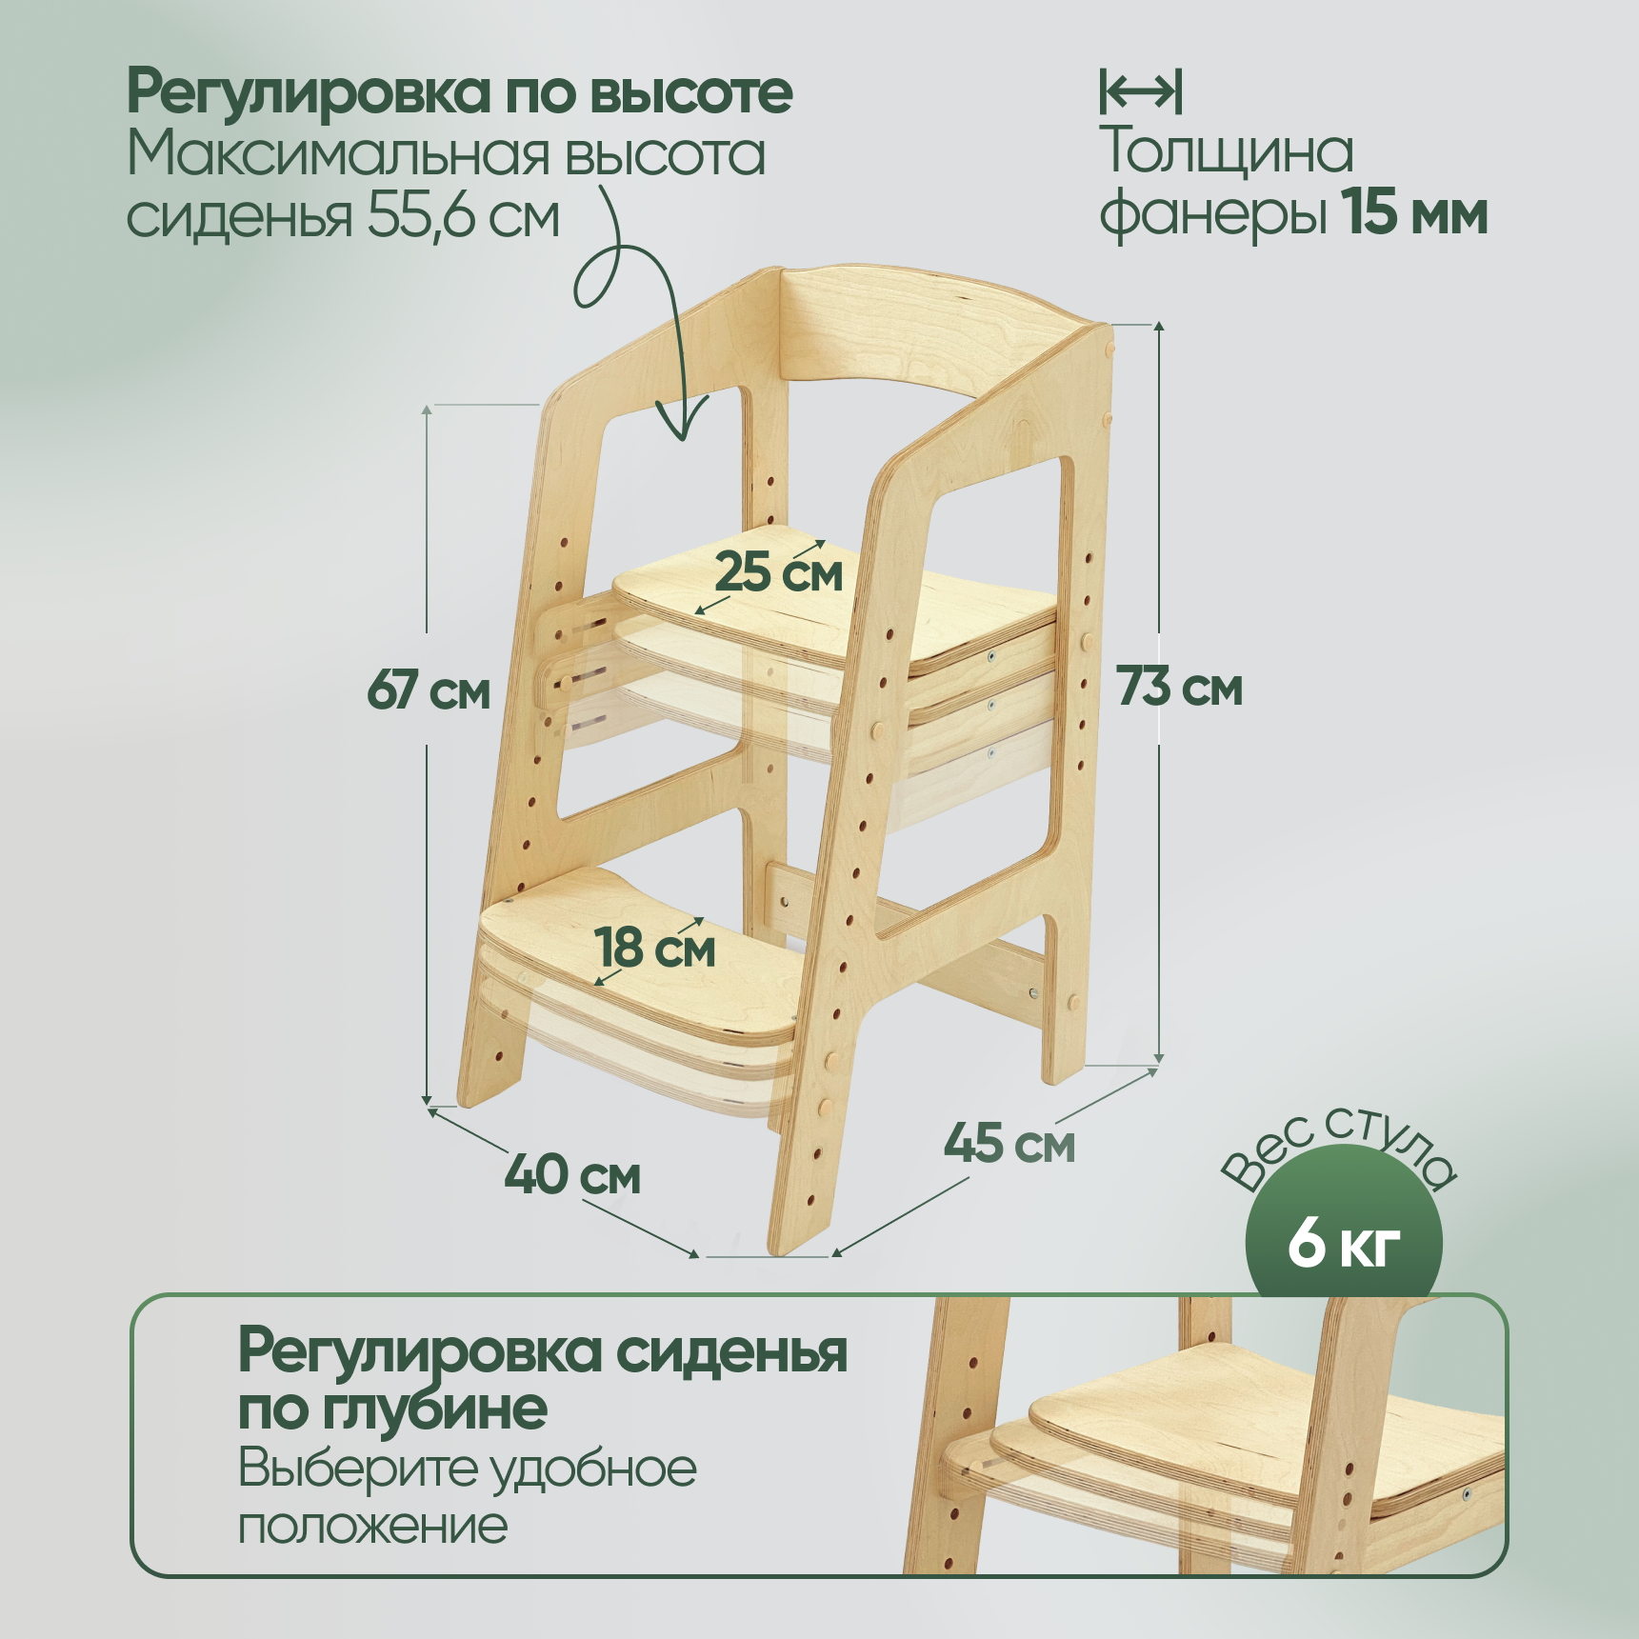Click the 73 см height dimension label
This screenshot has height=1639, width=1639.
click(x=1179, y=688)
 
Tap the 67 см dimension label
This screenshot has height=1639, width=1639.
click(x=429, y=690)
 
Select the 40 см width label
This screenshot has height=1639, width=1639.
click(x=572, y=1175)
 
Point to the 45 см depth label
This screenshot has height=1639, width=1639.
click(x=1009, y=1143)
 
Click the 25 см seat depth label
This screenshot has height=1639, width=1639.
click(x=779, y=573)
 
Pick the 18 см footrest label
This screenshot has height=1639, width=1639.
click(x=655, y=949)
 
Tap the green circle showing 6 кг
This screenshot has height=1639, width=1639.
click(x=1343, y=1243)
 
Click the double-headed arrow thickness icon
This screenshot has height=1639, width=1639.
click(x=1141, y=91)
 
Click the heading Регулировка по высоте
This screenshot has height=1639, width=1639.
click(x=459, y=92)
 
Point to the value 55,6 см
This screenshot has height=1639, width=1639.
click(x=464, y=217)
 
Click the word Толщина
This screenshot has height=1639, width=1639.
click(x=1226, y=151)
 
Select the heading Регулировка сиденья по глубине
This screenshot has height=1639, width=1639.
click(x=541, y=1379)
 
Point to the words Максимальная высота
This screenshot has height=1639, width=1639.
click(x=446, y=154)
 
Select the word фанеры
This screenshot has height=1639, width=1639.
click(x=1212, y=213)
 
